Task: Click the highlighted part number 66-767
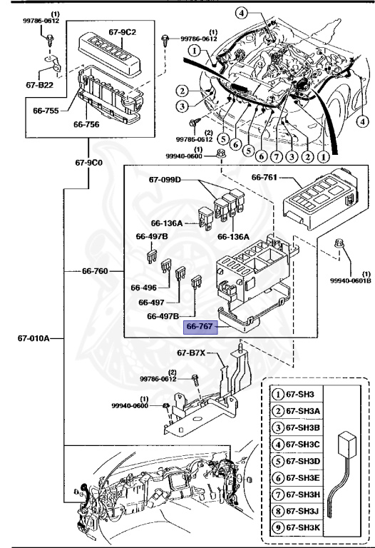point(200,327)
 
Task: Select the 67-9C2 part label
point(123,33)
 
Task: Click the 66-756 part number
point(86,123)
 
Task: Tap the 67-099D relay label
point(165,180)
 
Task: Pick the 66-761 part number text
point(266,176)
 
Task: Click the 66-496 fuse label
point(143,288)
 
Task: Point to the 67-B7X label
point(191,352)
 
